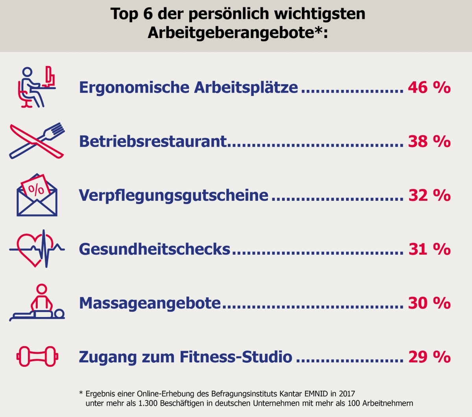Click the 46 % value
[429, 87]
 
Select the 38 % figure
[429, 141]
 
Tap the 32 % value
[429, 195]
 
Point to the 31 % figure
[429, 249]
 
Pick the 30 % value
[429, 303]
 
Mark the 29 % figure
[429, 357]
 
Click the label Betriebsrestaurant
[153, 141]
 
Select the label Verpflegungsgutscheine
[173, 195]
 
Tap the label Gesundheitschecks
[155, 249]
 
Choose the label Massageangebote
[150, 303]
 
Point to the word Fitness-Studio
[236, 357]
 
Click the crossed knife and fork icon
[37, 141]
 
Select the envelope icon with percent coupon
[37, 195]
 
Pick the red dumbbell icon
[37, 356]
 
